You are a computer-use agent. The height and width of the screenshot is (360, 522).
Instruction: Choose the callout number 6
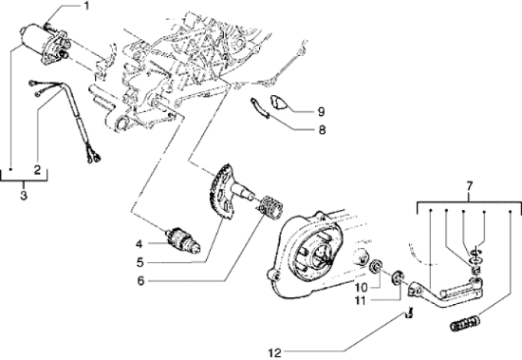138,283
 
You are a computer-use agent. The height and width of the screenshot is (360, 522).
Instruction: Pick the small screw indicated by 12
409,313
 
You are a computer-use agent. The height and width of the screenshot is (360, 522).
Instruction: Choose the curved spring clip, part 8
262,109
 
